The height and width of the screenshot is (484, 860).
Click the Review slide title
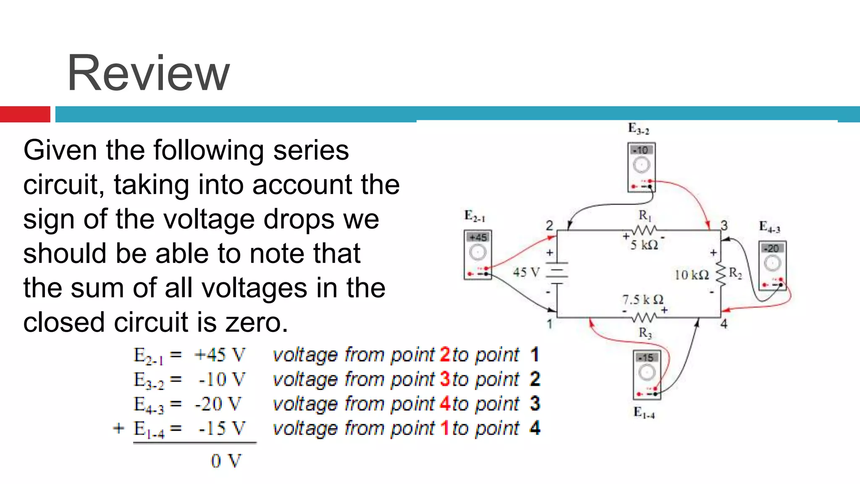click(x=148, y=73)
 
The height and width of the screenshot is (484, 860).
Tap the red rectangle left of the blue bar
click(x=25, y=114)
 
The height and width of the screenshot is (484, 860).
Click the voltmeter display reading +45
click(x=477, y=237)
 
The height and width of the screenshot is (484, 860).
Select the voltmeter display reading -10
click(x=641, y=150)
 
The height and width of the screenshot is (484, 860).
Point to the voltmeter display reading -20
click(x=772, y=248)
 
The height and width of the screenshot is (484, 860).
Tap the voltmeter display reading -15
click(x=646, y=358)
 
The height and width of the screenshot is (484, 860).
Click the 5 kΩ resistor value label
click(x=644, y=245)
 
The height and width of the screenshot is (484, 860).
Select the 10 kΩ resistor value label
click(x=692, y=275)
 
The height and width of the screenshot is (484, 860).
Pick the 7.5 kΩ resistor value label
click(x=642, y=300)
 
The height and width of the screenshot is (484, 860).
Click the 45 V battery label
click(x=526, y=272)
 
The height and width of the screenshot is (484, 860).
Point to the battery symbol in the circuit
click(x=557, y=273)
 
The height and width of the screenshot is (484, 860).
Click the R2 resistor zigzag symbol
click(x=721, y=274)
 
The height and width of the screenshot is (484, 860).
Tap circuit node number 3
click(x=724, y=226)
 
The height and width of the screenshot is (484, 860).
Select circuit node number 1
click(x=549, y=324)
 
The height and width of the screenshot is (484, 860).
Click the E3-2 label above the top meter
click(x=638, y=129)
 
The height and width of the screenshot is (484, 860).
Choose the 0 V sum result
click(x=226, y=461)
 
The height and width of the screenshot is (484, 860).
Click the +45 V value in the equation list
click(x=220, y=355)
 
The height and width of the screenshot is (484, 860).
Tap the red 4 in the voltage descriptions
click(x=445, y=404)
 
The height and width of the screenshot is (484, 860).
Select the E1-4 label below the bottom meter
click(x=644, y=413)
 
